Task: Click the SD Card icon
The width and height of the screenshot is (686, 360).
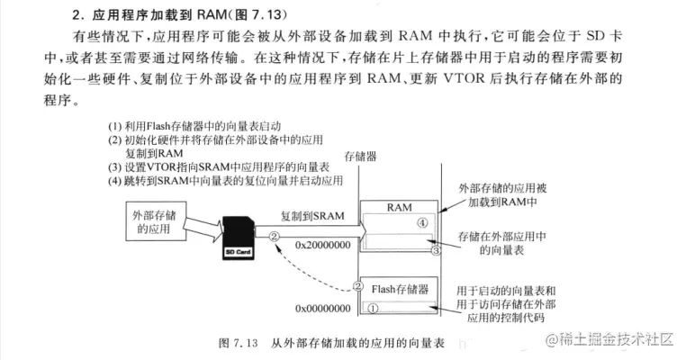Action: tap(239, 238)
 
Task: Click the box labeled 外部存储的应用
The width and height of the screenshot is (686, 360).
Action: tap(156, 220)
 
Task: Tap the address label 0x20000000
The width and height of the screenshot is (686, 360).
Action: tap(323, 245)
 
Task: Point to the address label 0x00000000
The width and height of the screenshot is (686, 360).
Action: tap(323, 309)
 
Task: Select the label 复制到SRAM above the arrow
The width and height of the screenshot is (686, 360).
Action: tap(312, 216)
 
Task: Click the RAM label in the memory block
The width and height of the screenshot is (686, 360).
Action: tap(399, 207)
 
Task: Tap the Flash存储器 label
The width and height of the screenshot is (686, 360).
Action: tap(400, 289)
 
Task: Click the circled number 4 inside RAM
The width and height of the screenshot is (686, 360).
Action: tap(422, 223)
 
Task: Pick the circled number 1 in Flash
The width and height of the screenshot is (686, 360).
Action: tap(373, 309)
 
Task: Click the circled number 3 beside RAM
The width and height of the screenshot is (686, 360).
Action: tap(436, 250)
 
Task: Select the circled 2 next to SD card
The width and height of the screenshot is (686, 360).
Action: tap(274, 236)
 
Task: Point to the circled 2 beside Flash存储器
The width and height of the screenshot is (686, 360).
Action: tap(358, 286)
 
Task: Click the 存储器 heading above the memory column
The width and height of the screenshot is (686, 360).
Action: tap(360, 157)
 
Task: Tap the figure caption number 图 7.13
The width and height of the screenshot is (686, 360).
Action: tap(238, 343)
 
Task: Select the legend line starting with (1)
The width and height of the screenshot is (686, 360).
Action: tap(194, 126)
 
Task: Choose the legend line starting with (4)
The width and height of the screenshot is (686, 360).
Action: tap(225, 181)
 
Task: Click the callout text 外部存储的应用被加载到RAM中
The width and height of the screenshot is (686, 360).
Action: tap(502, 195)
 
